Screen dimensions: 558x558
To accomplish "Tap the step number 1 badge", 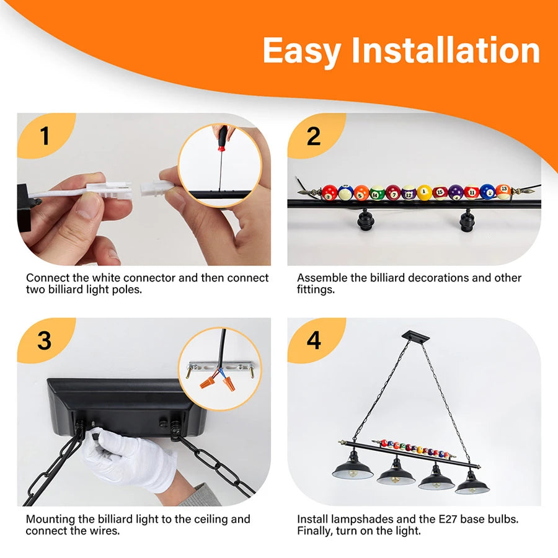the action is point(45,136).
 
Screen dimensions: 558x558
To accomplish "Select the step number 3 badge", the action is point(45,340).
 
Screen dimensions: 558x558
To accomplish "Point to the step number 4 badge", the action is point(314,340).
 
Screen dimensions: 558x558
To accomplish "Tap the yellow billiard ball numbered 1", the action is point(424,193).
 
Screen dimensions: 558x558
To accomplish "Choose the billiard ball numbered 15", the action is point(440,193).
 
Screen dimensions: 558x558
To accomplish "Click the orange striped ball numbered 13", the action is point(503,191).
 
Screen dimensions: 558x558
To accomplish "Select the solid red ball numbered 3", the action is point(330,193).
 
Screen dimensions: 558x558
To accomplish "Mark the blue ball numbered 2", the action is point(487,192).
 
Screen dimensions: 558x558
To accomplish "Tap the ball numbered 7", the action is point(393,193).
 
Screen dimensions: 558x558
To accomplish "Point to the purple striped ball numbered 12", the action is point(409,193).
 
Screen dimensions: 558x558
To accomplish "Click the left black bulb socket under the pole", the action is point(365,219).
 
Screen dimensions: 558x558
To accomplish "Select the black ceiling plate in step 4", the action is point(415,337).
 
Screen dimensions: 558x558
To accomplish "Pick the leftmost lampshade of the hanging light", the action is point(353,468).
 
